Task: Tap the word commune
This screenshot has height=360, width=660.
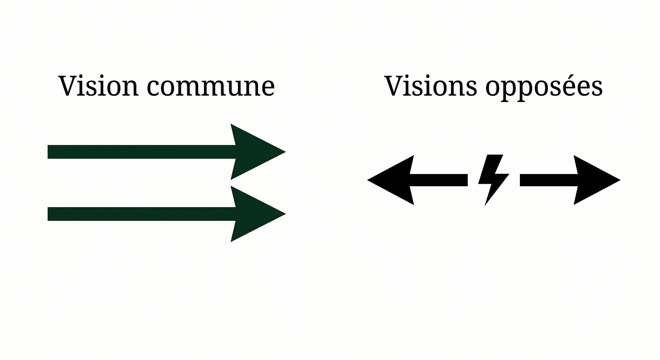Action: [x=211, y=88]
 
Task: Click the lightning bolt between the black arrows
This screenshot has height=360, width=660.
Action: [x=493, y=180]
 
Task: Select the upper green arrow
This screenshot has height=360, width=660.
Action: [x=166, y=152]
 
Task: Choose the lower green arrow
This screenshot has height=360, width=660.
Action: [x=166, y=214]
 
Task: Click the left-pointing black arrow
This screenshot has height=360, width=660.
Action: [x=417, y=180]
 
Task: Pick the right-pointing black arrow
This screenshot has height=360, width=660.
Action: [x=570, y=180]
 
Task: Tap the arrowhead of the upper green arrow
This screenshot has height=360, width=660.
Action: [x=253, y=152]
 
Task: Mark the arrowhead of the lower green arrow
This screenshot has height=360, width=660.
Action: [x=253, y=214]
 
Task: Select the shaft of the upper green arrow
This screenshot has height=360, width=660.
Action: [x=141, y=152]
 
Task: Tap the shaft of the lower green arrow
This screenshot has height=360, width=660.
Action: [x=141, y=214]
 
